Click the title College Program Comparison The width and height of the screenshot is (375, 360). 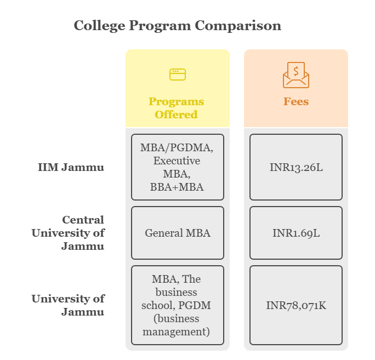(177, 26)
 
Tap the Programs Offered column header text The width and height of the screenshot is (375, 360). (177, 108)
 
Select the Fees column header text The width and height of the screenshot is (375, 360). (296, 101)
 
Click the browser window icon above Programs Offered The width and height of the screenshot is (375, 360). (178, 75)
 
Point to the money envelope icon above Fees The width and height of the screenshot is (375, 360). (296, 76)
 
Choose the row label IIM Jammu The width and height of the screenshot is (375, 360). (71, 167)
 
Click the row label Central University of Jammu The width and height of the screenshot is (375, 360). (68, 233)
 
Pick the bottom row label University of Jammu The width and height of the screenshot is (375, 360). (68, 305)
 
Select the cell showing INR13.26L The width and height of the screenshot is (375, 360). (296, 167)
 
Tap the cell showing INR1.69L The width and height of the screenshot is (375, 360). (296, 233)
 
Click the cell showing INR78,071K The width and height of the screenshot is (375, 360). (296, 305)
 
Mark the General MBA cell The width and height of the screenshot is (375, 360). (178, 233)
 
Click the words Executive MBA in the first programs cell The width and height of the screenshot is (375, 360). (177, 167)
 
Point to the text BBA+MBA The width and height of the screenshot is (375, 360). (177, 187)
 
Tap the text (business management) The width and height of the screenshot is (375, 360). (177, 325)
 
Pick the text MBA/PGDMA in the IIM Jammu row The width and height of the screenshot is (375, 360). (177, 147)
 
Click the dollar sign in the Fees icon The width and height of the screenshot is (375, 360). (296, 71)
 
